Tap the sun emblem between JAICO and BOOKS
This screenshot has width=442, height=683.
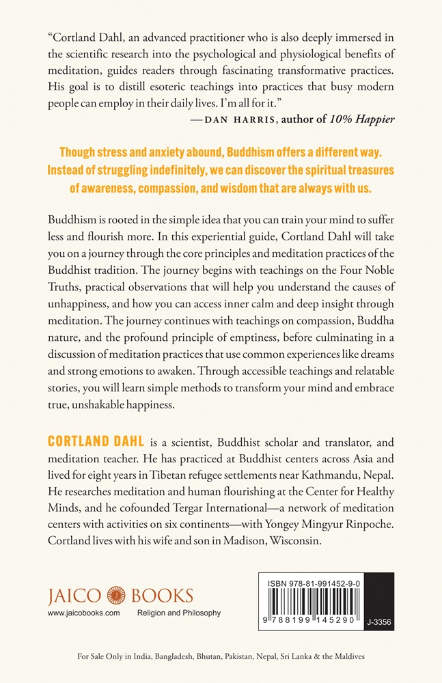118,595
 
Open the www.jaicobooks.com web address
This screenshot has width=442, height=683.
83,613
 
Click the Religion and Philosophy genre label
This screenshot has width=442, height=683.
179,613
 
